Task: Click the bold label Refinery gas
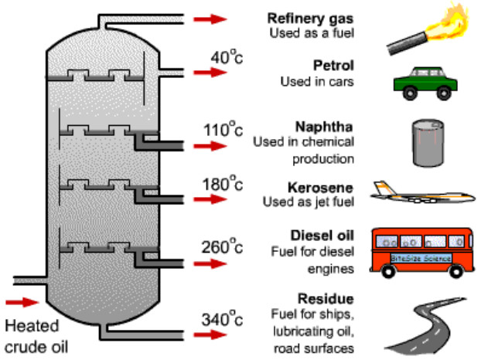tap(310, 19)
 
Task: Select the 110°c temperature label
tap(223, 129)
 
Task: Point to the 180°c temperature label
tap(223, 184)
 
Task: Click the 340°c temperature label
tap(222, 319)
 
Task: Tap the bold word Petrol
tap(333, 66)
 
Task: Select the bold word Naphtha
tap(324, 127)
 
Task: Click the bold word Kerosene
tap(321, 188)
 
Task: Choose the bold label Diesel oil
tap(322, 236)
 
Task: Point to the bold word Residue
tap(326, 299)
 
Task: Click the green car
tap(425, 83)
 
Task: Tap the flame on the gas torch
tap(449, 22)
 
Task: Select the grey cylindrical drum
tap(428, 143)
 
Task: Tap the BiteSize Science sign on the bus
tap(421, 258)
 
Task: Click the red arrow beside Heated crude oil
tap(22, 302)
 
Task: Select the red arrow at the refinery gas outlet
tap(210, 19)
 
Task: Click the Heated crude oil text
tap(36, 336)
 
